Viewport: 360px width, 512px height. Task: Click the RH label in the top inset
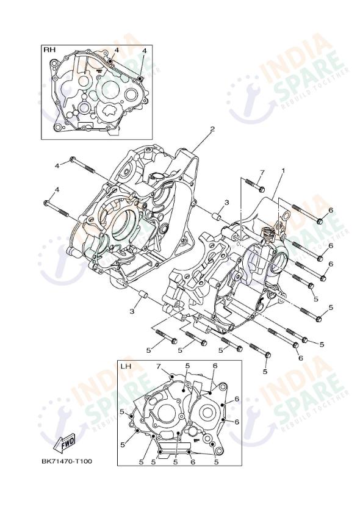pos(48,49)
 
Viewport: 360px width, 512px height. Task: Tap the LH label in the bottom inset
pos(125,367)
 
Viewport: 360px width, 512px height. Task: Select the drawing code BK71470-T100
pos(67,461)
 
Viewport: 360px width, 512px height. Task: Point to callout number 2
pos(212,129)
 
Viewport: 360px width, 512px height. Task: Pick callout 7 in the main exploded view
pos(262,173)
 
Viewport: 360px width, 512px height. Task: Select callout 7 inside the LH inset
pos(157,366)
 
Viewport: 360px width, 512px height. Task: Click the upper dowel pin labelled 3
pos(217,215)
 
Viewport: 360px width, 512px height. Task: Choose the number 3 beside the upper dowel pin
pos(226,202)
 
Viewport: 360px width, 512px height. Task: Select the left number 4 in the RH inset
pos(117,49)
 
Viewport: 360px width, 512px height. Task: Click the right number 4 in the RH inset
pos(144,50)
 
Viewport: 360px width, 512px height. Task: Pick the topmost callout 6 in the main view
pos(330,210)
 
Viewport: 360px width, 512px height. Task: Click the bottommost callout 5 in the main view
pos(265,371)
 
